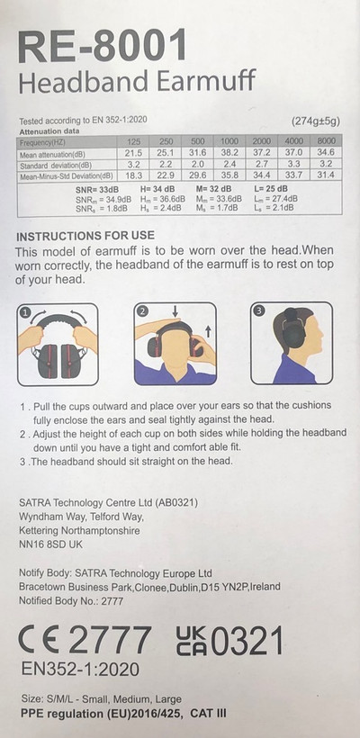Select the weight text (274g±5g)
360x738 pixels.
[x=316, y=121]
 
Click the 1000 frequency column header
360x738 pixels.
[x=229, y=141]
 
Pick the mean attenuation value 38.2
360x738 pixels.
[x=229, y=153]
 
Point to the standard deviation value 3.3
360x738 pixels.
[x=293, y=165]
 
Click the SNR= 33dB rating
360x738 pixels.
[x=94, y=190]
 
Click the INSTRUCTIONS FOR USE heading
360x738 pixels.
[x=85, y=235]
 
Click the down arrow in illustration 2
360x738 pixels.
[x=175, y=311]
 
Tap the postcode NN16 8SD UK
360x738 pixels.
[x=50, y=544]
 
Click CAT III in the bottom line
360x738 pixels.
[x=208, y=714]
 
